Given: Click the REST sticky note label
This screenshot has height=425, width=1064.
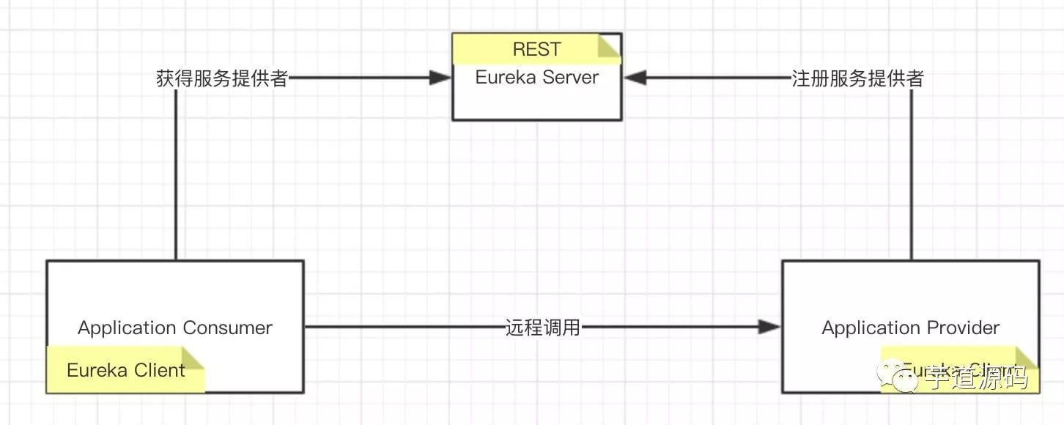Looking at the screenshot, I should [536, 49].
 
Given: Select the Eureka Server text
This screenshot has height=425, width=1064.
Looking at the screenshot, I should [536, 78].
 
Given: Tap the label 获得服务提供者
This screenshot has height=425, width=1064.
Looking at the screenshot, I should [221, 79].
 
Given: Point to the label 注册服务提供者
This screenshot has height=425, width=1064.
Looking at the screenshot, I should [857, 79].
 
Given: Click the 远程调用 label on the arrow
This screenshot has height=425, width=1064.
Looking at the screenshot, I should [543, 328].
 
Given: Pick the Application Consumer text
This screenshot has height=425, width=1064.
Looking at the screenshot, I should [175, 328].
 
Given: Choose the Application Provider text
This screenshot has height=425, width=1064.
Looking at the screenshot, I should [910, 328].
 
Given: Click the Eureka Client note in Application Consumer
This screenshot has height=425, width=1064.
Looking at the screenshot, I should [125, 370].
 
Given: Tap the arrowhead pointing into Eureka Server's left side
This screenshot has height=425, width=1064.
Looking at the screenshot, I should [440, 78].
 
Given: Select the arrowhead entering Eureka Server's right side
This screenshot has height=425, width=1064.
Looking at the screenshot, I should [635, 78].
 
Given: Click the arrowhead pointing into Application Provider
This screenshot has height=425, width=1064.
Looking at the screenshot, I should [769, 327].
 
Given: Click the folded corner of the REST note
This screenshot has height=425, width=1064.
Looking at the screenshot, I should [610, 45].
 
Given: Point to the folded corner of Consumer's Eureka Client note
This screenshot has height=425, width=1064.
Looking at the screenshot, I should [193, 357].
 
